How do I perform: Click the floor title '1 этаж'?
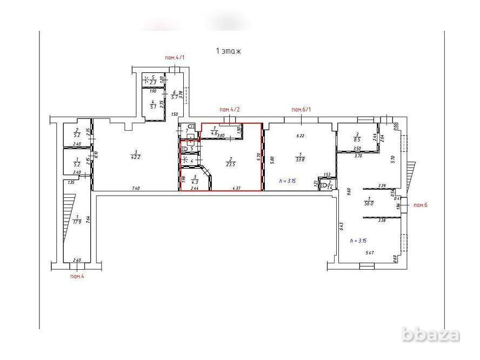(228, 51)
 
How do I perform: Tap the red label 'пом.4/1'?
(176, 57)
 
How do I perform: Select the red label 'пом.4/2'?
(230, 110)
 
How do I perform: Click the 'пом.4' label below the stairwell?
(77, 276)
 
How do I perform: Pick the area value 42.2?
(120, 157)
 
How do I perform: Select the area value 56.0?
(370, 204)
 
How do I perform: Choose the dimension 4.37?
(236, 188)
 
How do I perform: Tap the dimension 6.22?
(301, 136)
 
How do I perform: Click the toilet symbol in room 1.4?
(325, 185)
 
